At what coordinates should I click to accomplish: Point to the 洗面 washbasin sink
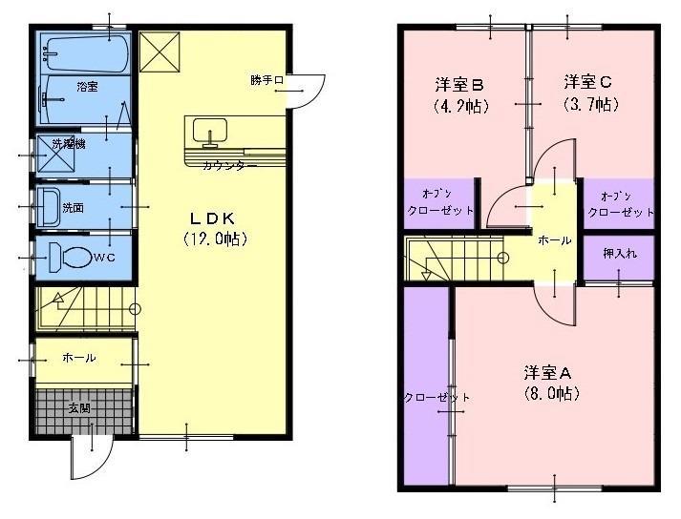[48, 206]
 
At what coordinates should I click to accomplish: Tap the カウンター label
[229, 166]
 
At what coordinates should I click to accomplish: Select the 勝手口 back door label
[267, 81]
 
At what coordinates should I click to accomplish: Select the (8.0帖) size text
[552, 392]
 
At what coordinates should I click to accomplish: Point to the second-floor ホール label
[554, 240]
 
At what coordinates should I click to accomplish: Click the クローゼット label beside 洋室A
[424, 398]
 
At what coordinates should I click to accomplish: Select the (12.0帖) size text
[215, 240]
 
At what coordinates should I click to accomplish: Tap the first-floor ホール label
[78, 358]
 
